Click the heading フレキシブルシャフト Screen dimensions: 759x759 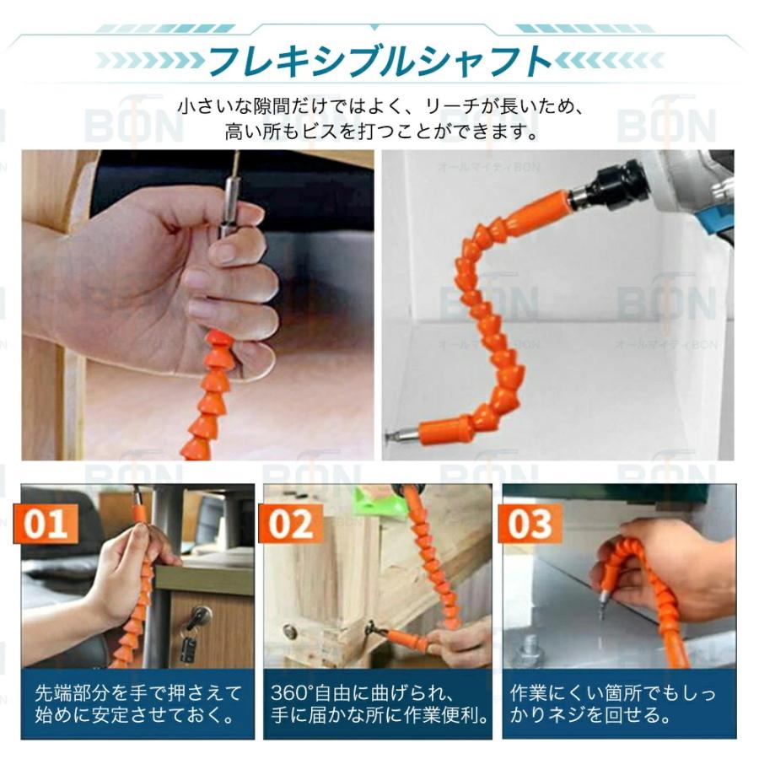point(379,61)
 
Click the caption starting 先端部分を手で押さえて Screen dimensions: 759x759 point(137,705)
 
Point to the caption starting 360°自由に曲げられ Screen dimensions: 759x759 point(380,705)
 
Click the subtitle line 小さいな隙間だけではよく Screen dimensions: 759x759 point(379,107)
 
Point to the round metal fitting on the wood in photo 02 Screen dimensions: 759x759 point(291,632)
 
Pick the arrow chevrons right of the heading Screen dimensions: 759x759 point(611,61)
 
